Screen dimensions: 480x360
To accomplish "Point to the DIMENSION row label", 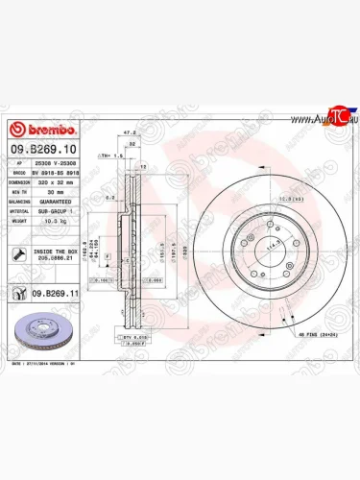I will tap(20, 181).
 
